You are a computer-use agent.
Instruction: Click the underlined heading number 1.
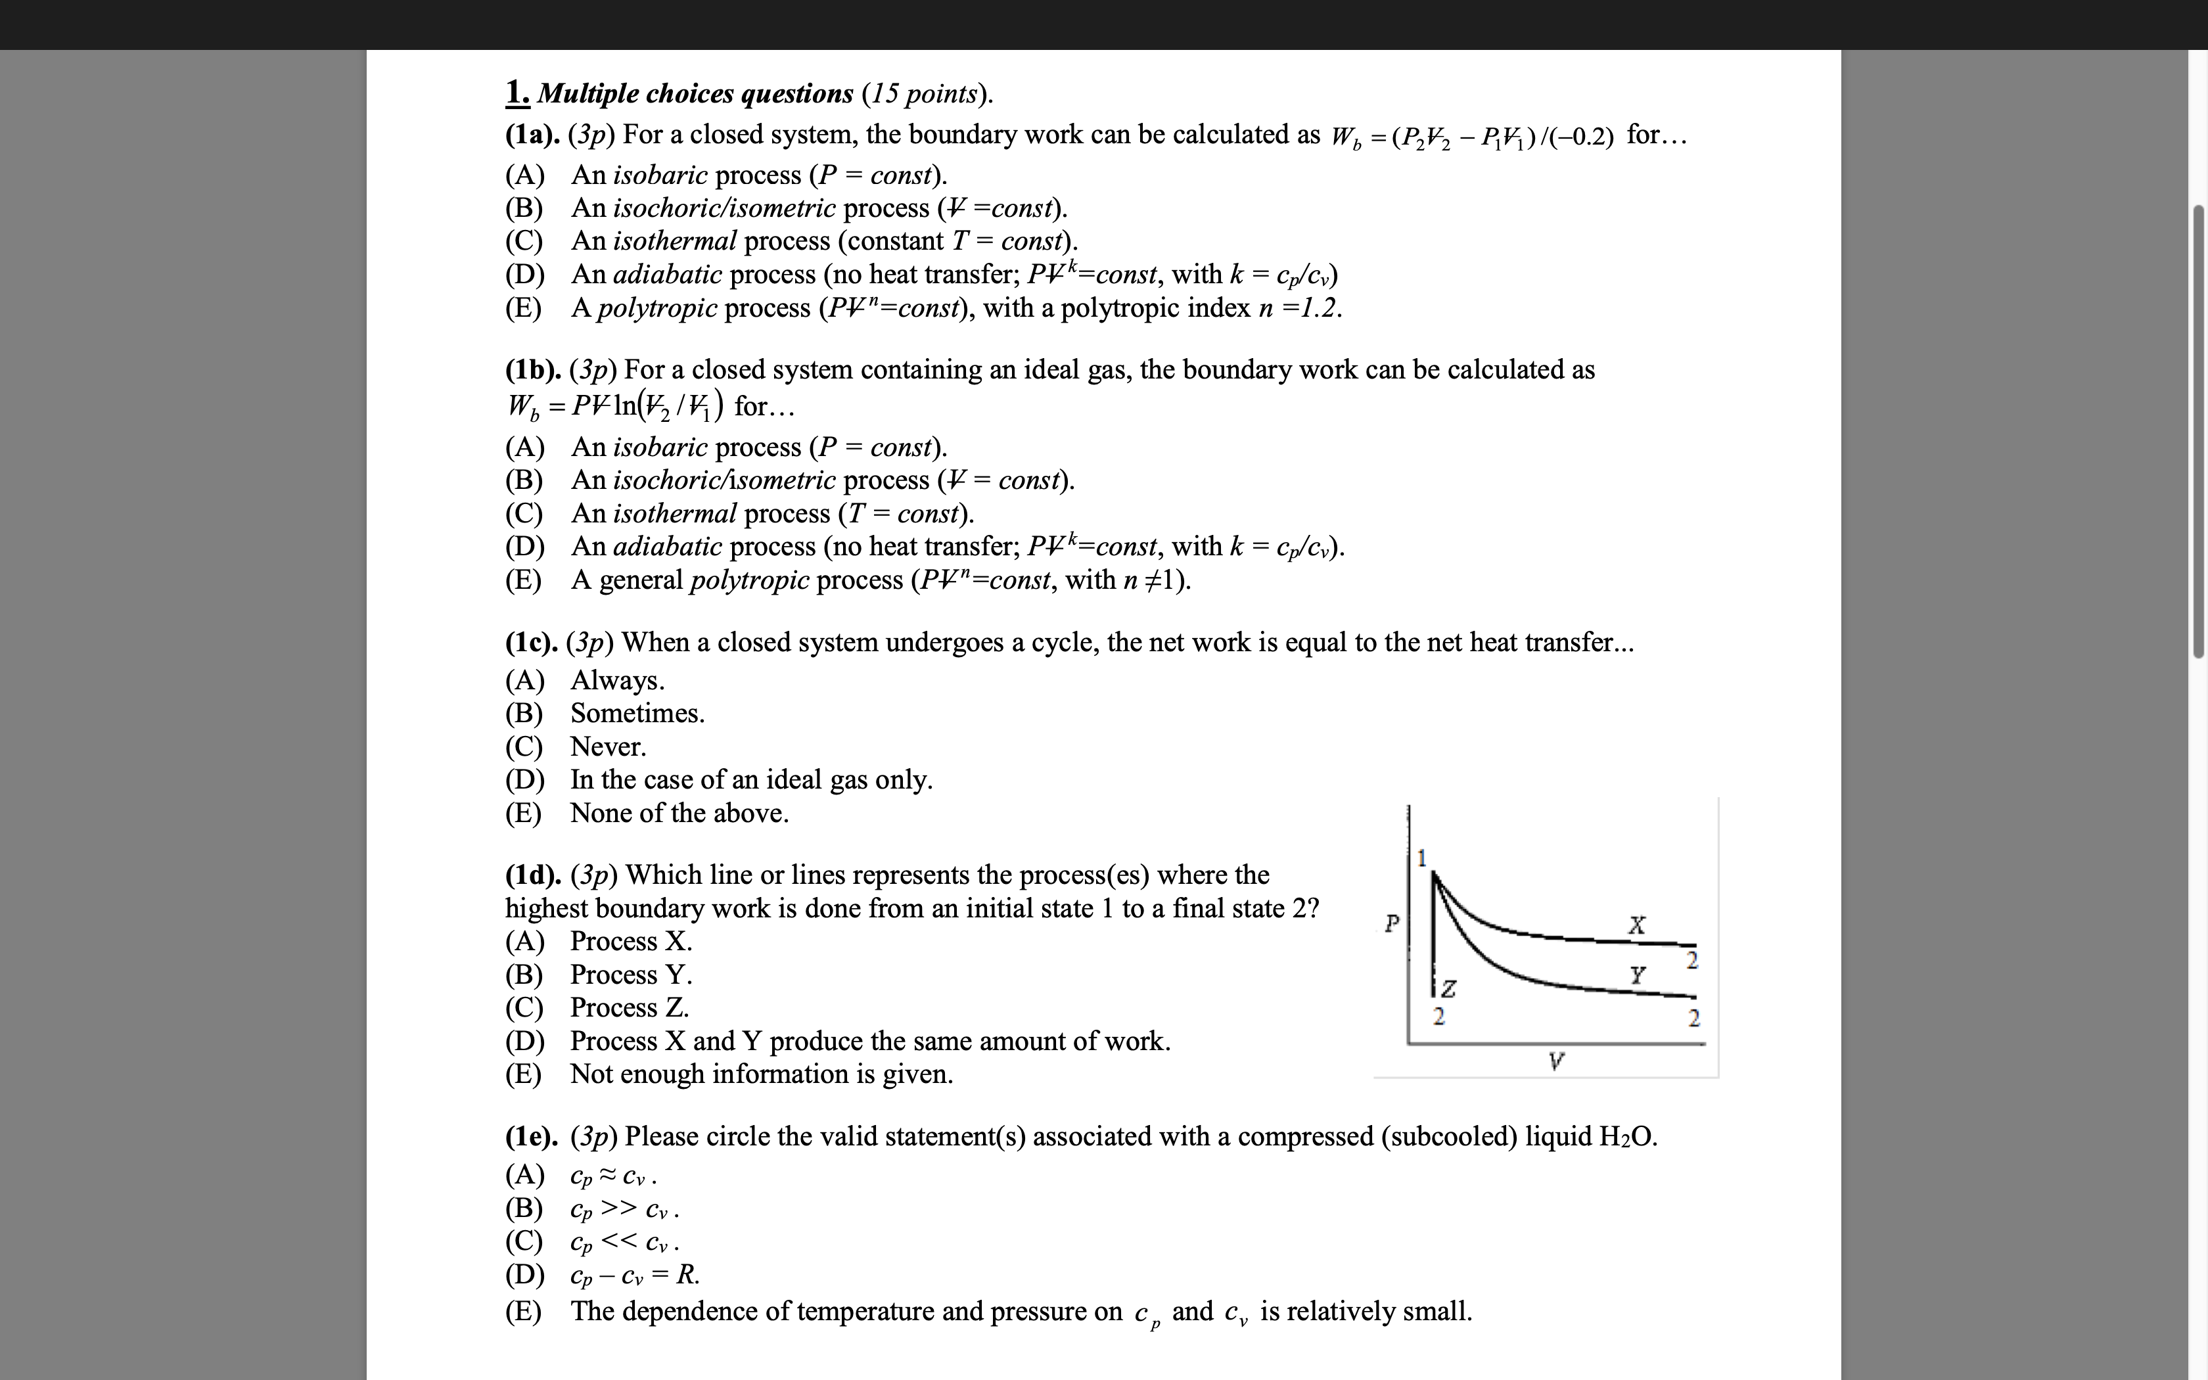[517, 92]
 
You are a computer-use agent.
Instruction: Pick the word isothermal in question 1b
[674, 514]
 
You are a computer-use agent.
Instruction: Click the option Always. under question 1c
[617, 681]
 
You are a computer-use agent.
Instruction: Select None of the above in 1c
[679, 814]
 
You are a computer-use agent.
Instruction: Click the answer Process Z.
[630, 1007]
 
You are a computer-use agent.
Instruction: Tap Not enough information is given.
[761, 1074]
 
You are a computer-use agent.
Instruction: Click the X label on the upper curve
[1638, 925]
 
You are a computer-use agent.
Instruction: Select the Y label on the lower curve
[1638, 976]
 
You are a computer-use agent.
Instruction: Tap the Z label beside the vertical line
[1448, 988]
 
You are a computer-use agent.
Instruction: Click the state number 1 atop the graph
[1421, 858]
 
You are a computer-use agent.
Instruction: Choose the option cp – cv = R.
[634, 1275]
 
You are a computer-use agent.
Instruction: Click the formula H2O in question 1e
[1627, 1138]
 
